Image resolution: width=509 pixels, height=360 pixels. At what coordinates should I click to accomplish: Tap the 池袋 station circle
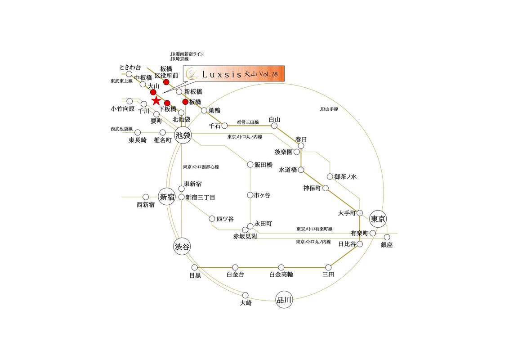click(183, 135)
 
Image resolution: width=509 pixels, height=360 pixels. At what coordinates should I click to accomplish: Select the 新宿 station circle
click(166, 197)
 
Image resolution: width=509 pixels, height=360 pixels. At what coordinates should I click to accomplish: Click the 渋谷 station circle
click(182, 247)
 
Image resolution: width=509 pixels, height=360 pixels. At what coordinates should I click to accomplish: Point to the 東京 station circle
click(378, 219)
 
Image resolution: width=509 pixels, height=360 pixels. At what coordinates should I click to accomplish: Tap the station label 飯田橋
click(263, 165)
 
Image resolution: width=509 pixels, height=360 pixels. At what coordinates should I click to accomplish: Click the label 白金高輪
click(281, 274)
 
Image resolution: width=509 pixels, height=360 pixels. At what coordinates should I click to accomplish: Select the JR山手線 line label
click(329, 109)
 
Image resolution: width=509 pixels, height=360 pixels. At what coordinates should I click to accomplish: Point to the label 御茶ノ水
click(345, 177)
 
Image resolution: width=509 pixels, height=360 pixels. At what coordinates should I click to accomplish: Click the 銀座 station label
click(387, 245)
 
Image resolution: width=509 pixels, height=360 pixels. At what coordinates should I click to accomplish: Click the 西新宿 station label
click(146, 205)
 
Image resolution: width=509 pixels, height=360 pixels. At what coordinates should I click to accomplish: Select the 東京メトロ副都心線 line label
click(201, 167)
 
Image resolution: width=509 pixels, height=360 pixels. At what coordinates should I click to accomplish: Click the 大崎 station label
click(246, 303)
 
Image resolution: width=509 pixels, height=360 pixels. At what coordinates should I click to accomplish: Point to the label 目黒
click(195, 275)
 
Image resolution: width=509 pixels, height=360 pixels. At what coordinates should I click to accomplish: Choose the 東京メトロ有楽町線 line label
click(314, 229)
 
